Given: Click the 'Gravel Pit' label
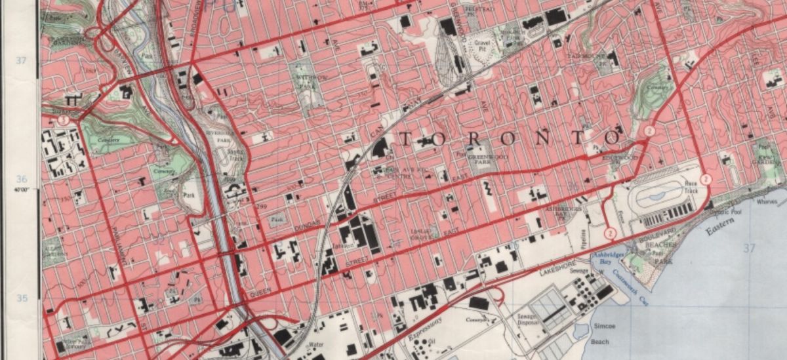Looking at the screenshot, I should click(x=483, y=43).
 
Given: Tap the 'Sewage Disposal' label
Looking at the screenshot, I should click(x=527, y=319).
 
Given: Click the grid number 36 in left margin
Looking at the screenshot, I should click(x=21, y=179).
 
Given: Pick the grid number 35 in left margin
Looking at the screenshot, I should click(x=21, y=298).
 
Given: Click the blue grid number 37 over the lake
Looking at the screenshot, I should click(x=748, y=247).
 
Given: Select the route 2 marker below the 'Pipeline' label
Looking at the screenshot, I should click(x=609, y=233).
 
